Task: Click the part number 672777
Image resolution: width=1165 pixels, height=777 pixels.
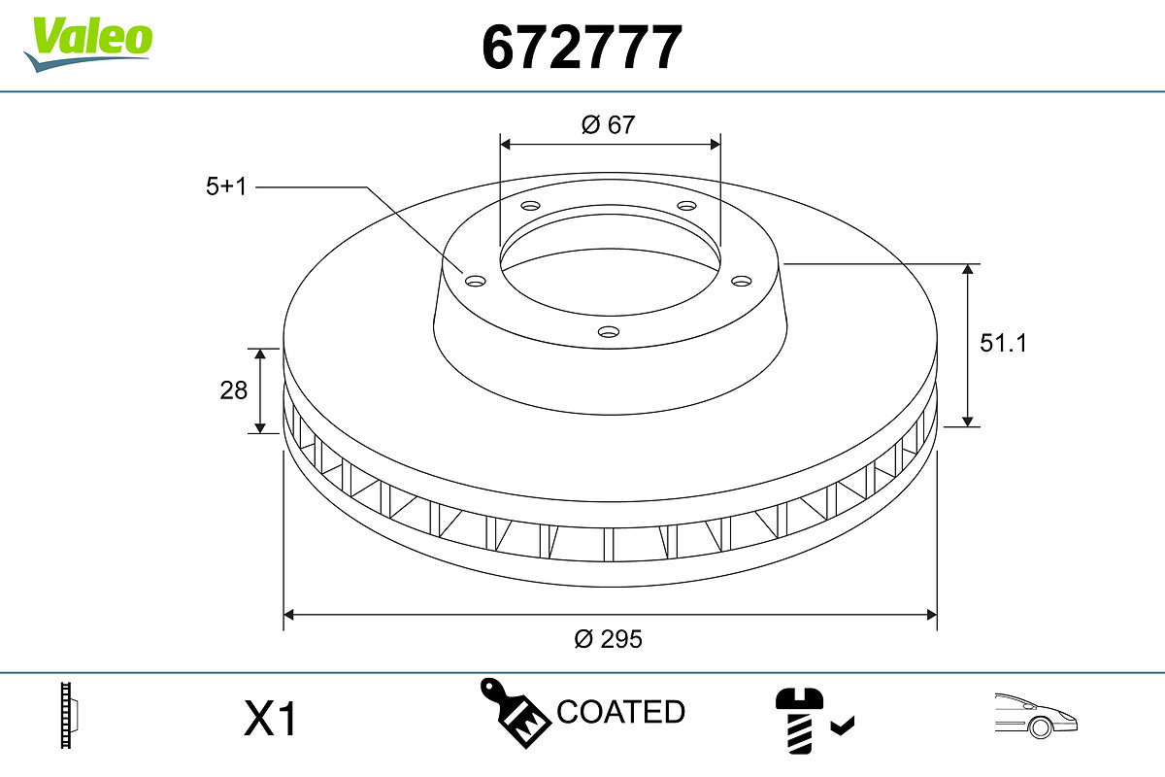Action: [x=582, y=48]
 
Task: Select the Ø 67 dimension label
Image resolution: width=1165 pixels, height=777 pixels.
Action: [x=608, y=125]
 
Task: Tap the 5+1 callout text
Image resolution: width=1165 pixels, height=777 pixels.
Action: [x=225, y=186]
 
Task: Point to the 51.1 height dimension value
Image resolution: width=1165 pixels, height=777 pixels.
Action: [x=1003, y=344]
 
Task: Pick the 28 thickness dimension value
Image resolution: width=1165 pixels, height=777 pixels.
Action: [x=234, y=390]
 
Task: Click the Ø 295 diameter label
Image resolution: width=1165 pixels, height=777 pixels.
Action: [x=608, y=639]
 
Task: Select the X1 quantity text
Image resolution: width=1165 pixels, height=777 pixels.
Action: [x=270, y=718]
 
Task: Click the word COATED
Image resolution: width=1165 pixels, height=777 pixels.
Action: [x=621, y=712]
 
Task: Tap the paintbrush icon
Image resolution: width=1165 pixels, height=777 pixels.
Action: [x=515, y=713]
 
